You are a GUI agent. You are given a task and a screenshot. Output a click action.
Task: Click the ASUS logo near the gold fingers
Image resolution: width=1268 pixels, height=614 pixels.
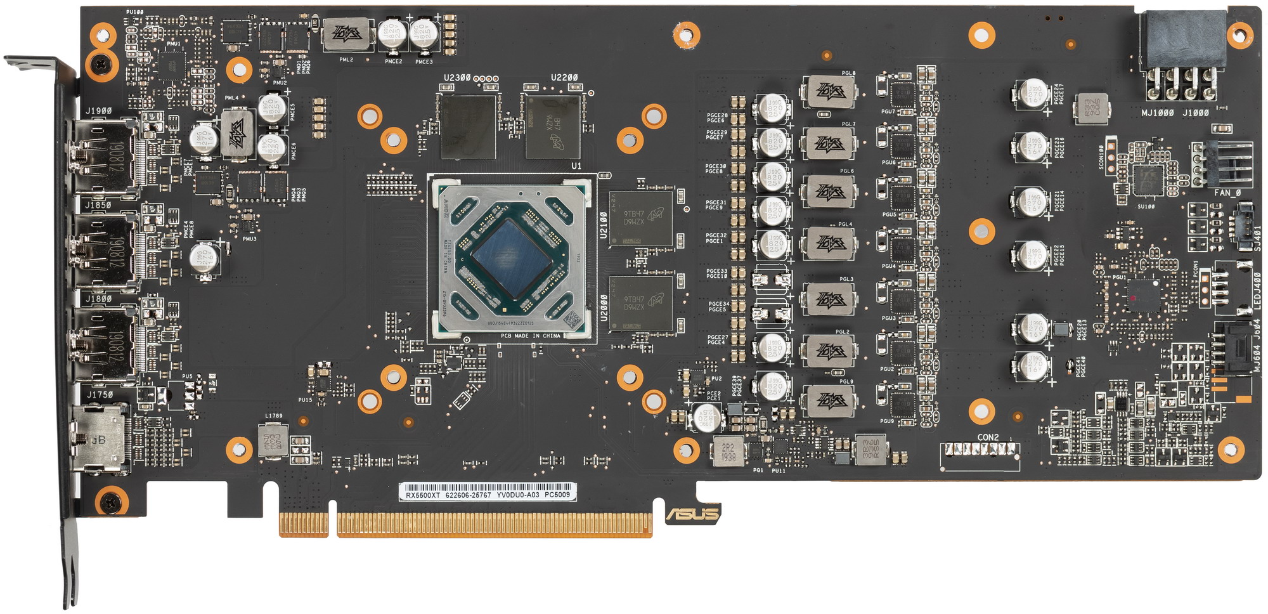pyautogui.click(x=693, y=513)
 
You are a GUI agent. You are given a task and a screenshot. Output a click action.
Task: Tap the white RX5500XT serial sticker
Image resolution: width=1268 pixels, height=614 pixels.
pyautogui.click(x=488, y=492)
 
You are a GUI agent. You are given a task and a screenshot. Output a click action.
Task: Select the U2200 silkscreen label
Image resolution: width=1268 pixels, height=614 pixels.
pyautogui.click(x=564, y=78)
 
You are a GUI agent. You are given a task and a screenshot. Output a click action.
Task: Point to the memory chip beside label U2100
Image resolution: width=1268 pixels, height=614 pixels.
pyautogui.click(x=640, y=218)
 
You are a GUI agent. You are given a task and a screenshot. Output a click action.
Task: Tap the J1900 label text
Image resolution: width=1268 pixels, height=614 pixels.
pyautogui.click(x=98, y=111)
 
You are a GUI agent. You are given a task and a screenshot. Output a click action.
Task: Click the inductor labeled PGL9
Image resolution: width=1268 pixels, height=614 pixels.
pyautogui.click(x=828, y=401)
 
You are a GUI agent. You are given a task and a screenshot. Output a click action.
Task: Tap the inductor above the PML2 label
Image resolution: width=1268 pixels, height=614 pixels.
pyautogui.click(x=347, y=35)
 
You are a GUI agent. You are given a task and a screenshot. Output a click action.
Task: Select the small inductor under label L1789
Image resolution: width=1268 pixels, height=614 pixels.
pyautogui.click(x=273, y=440)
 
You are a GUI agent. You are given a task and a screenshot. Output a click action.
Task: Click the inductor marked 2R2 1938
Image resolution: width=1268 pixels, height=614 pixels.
pyautogui.click(x=728, y=451)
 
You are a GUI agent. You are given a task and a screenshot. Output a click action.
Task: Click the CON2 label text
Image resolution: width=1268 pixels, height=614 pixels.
pyautogui.click(x=988, y=438)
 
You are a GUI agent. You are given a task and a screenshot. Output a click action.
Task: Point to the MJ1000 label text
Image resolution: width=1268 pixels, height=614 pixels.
pyautogui.click(x=1157, y=113)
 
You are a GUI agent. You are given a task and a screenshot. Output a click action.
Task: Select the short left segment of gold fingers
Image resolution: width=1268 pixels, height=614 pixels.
pyautogui.click(x=304, y=524)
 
